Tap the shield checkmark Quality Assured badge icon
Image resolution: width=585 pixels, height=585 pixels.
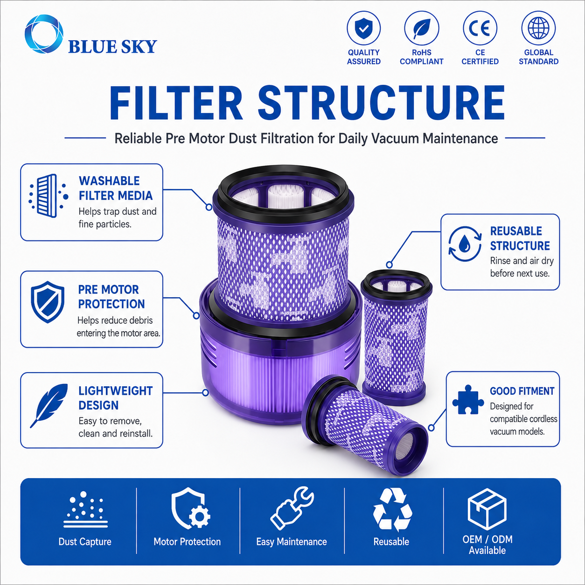(363, 28)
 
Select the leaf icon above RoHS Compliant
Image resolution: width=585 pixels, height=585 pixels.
(421, 28)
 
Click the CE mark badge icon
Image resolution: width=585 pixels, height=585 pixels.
(480, 28)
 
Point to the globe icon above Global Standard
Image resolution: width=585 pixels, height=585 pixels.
(538, 28)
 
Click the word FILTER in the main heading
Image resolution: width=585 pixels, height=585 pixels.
(176, 104)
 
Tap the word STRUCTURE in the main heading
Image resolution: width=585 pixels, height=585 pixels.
(381, 104)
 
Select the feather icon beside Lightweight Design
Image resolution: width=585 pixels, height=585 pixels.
(49, 405)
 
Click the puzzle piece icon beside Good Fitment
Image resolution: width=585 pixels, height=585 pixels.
(468, 399)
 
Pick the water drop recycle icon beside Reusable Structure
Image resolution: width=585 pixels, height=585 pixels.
(465, 244)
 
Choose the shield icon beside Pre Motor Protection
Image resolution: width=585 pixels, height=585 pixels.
(48, 302)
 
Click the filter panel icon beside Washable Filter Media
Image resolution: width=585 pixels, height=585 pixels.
(48, 195)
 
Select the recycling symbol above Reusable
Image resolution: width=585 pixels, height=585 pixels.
(392, 509)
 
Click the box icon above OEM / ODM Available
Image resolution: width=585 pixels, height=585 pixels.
(487, 509)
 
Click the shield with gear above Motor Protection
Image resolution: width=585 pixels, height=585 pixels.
(190, 508)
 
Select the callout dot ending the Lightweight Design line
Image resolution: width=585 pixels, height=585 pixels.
(206, 393)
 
